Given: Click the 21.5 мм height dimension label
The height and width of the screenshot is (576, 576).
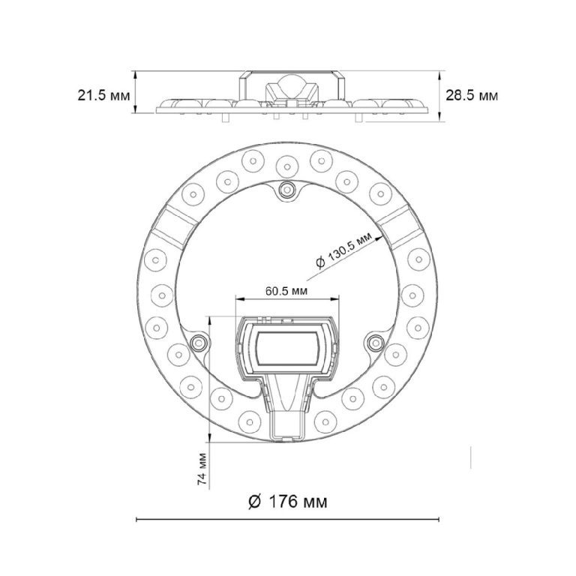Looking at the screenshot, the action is tap(103, 95).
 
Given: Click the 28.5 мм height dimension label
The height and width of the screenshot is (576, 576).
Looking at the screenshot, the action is tap(472, 95).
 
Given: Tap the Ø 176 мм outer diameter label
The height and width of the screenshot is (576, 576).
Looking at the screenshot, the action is tap(288, 502).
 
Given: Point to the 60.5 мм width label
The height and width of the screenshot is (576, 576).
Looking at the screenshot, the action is tap(286, 291).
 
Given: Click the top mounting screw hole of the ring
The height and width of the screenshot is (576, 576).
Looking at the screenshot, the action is tap(287, 190).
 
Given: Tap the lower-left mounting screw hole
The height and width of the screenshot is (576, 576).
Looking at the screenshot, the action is tap(199, 343).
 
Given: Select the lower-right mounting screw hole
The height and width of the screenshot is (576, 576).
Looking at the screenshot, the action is tap(376, 343).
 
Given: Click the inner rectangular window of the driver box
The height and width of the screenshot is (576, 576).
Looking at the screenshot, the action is tap(286, 348).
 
